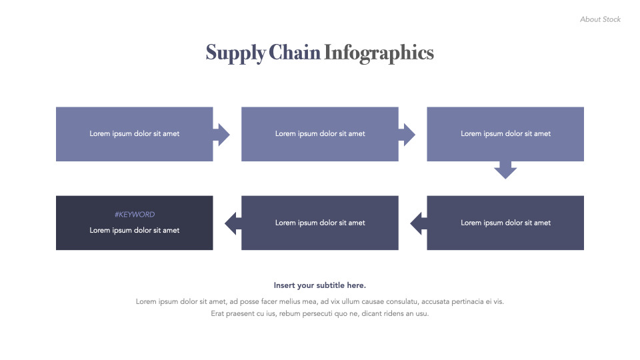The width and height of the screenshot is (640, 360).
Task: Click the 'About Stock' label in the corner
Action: [600, 19]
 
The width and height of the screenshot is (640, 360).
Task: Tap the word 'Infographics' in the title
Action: [379, 53]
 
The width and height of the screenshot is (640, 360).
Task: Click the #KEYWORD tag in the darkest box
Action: [135, 215]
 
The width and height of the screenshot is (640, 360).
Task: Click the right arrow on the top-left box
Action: [222, 134]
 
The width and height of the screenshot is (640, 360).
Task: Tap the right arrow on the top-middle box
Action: [407, 134]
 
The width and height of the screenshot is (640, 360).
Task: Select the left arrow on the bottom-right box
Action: [418, 223]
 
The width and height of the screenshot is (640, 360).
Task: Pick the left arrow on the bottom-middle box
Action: [233, 223]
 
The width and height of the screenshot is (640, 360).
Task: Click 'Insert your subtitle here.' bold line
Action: [320, 285]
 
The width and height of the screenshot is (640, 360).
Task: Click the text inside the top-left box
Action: [135, 134]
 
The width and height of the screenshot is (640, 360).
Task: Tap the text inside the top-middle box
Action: [320, 134]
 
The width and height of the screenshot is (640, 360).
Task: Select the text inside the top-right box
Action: [505, 134]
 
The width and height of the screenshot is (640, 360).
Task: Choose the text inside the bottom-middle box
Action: [320, 223]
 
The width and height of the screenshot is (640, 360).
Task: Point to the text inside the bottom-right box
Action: [505, 223]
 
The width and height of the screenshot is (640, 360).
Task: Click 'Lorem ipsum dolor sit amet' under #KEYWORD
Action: [135, 231]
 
